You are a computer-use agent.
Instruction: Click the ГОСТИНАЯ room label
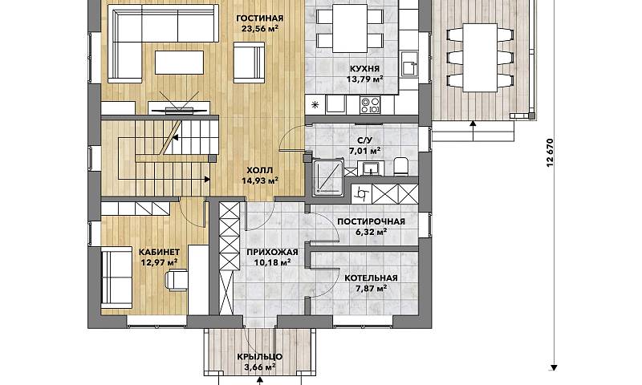259,18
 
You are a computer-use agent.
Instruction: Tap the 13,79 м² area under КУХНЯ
365,79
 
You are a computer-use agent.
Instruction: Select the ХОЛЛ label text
259,170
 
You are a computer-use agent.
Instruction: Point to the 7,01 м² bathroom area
364,151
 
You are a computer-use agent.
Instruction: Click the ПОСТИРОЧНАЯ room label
371,221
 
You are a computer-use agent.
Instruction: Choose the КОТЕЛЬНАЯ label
371,278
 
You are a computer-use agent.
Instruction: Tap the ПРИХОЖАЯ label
272,253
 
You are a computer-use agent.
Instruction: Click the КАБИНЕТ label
159,252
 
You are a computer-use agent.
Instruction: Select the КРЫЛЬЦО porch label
259,357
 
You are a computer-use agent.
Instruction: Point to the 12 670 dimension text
550,152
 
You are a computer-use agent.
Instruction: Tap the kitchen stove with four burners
370,105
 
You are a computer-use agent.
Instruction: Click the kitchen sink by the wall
409,64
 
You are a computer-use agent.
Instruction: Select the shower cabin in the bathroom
328,176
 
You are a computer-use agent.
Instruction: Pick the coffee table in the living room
179,63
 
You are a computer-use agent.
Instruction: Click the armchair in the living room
249,61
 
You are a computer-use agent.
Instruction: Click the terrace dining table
480,58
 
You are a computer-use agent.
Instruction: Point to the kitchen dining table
350,28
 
